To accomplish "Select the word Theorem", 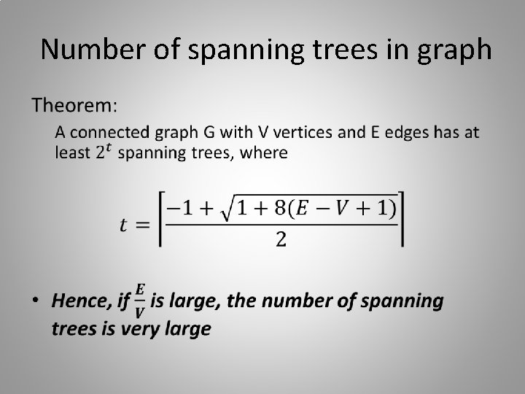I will click(74, 106).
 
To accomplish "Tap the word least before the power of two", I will click(74, 153).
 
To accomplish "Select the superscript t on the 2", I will click(109, 148).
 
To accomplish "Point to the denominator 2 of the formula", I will click(281, 242).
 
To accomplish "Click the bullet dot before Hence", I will click(36, 301).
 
